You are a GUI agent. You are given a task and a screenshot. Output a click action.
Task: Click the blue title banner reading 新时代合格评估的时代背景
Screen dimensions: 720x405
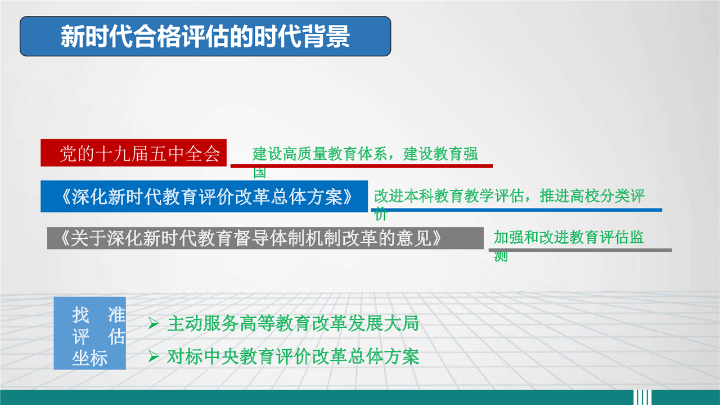point(205,37)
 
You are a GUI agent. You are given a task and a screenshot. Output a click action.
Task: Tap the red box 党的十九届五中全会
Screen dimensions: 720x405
point(133,153)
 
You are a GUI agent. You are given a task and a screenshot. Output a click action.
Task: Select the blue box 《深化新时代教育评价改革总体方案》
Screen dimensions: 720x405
point(204,197)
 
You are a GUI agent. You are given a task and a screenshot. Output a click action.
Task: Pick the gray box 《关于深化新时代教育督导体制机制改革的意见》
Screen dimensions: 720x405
point(265,238)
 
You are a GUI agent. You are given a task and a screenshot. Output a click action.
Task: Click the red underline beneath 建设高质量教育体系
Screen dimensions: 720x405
point(362,166)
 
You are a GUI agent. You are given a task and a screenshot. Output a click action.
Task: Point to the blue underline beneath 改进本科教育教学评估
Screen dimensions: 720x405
point(516,210)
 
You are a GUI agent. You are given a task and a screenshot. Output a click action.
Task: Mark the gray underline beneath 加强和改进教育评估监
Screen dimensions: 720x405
point(580,250)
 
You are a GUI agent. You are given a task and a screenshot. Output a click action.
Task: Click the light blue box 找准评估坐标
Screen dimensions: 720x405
point(89,333)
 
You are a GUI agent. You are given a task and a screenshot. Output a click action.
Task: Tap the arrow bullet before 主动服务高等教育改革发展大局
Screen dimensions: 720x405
point(154,323)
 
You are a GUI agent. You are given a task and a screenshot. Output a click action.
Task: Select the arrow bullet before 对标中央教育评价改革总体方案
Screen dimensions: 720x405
point(154,357)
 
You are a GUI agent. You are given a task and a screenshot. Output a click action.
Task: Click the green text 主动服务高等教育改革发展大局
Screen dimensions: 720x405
point(293,323)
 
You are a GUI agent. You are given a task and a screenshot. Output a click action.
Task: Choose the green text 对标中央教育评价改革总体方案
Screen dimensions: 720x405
point(293,357)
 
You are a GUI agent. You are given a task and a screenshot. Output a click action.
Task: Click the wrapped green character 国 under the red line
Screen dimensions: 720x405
point(259,173)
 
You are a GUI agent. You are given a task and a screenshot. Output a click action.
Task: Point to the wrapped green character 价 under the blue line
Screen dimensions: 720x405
point(381,214)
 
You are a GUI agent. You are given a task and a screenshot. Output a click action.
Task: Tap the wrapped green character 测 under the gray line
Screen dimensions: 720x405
point(501,256)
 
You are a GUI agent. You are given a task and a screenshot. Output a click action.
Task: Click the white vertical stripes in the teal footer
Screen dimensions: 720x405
point(642,397)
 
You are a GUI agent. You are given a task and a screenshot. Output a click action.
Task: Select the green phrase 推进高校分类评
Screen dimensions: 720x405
point(592,195)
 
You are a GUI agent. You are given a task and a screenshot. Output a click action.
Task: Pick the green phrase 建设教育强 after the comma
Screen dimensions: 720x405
point(440,154)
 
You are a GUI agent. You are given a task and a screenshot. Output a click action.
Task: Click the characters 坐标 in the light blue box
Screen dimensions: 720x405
point(89,358)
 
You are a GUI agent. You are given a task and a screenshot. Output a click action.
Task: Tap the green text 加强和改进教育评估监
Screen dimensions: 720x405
point(569,237)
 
